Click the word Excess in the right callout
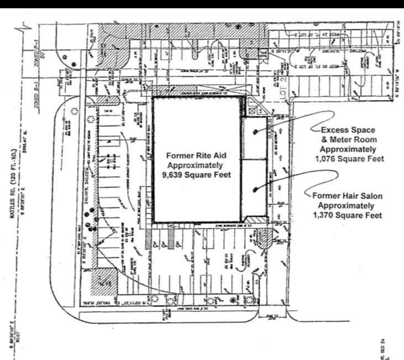click(x=333, y=130)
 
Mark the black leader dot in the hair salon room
click(x=255, y=190)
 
